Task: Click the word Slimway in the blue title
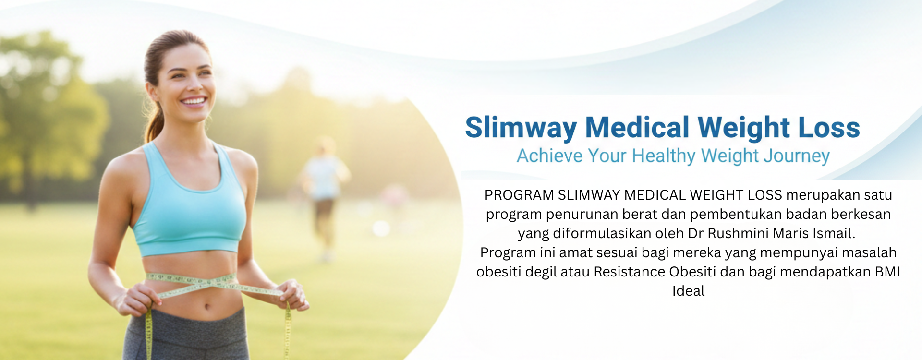[x=521, y=128]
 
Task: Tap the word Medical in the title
[x=637, y=128]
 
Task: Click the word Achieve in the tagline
[x=549, y=156]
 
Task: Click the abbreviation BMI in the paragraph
[x=887, y=272]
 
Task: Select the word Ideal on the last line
[x=688, y=291]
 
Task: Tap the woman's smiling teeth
[x=194, y=101]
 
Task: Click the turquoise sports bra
[x=190, y=211]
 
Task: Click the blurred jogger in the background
[x=324, y=192]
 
